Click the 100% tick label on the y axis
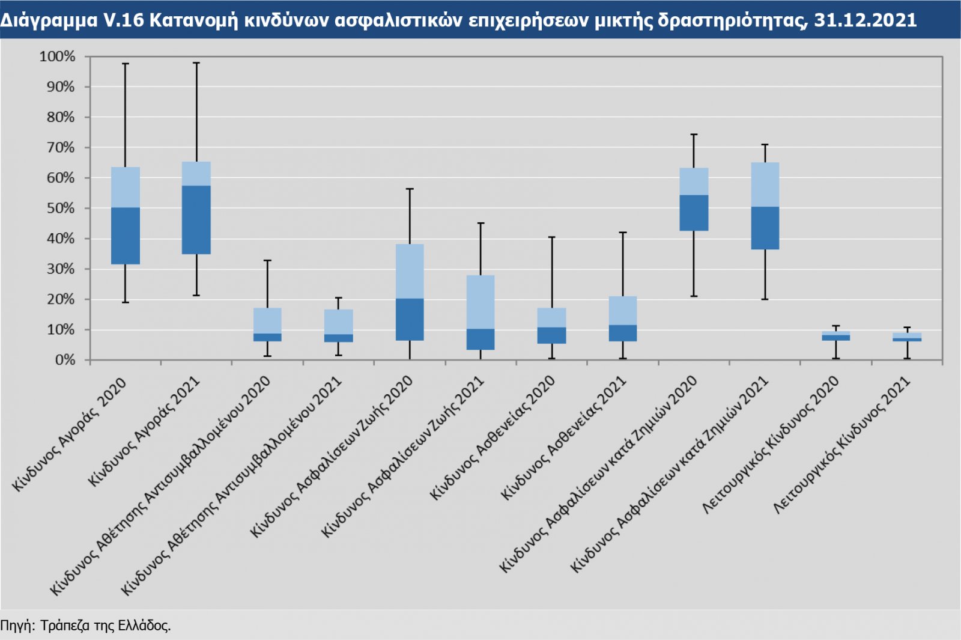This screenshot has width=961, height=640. tap(58, 56)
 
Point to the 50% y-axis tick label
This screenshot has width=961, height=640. tap(61, 208)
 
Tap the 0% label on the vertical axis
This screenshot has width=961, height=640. tap(65, 360)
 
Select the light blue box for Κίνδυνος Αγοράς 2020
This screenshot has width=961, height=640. tap(126, 187)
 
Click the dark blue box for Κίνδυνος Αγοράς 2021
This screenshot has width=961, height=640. tap(196, 220)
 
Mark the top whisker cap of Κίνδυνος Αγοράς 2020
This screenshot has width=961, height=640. tap(126, 64)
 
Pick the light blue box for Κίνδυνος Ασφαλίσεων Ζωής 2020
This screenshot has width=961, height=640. tap(410, 271)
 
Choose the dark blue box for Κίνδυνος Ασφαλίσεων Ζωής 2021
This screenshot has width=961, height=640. tap(480, 340)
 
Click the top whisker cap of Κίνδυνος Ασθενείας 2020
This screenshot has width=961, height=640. tap(552, 237)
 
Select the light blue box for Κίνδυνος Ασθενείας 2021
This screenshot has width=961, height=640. tap(623, 311)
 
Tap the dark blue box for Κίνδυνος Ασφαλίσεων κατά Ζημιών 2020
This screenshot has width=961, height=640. tap(694, 213)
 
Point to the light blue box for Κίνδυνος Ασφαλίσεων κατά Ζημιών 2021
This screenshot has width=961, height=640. tap(765, 184)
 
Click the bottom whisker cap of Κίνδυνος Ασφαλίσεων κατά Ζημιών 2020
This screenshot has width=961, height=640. tap(694, 296)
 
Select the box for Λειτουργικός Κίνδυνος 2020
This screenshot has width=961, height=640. tap(836, 336)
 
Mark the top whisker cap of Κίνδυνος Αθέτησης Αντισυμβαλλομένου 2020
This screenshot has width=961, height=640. tap(267, 260)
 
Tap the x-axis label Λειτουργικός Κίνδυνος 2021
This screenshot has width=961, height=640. tap(842, 445)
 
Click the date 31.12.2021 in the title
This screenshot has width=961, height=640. tap(865, 20)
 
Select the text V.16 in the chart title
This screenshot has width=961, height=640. tap(123, 20)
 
